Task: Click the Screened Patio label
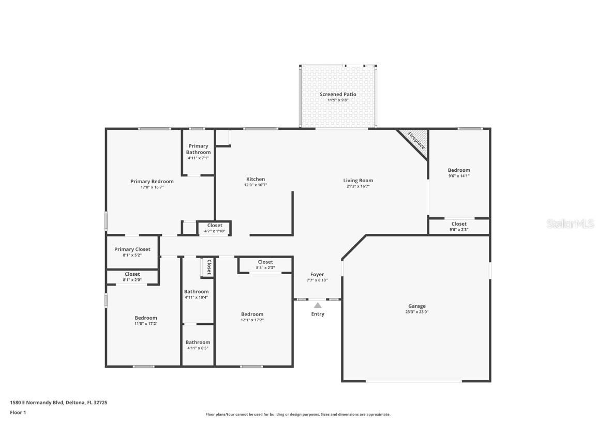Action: click(x=338, y=94)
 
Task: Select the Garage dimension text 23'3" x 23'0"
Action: click(x=416, y=312)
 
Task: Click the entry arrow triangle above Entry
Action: click(x=318, y=305)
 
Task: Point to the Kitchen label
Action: click(x=256, y=179)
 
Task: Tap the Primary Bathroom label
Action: click(x=199, y=149)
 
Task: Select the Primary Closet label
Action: click(x=132, y=249)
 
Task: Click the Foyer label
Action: click(x=317, y=275)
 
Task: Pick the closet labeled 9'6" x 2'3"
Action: click(x=459, y=227)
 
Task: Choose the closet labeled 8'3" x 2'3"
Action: click(x=265, y=265)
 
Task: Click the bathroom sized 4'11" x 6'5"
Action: click(x=198, y=345)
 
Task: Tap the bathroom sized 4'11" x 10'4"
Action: click(x=197, y=294)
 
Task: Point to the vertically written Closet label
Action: click(x=209, y=266)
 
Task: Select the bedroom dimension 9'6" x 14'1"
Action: click(x=459, y=176)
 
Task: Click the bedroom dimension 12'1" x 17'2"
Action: click(x=252, y=320)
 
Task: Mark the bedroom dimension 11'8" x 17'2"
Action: click(x=146, y=323)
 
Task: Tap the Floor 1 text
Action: click(x=18, y=412)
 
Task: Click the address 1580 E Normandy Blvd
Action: click(x=36, y=402)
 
